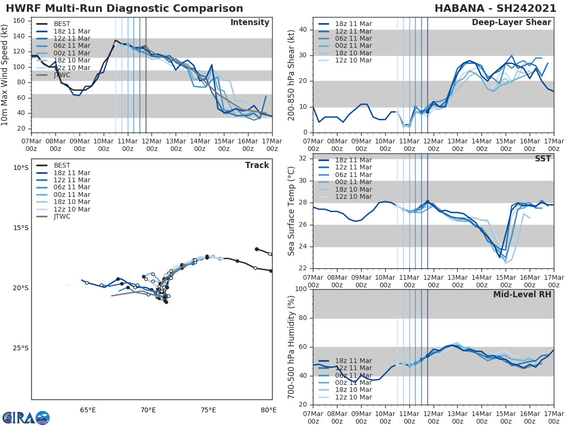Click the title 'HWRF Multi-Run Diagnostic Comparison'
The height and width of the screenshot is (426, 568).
124,9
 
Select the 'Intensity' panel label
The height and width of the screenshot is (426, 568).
249,23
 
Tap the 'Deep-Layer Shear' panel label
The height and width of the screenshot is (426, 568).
511,23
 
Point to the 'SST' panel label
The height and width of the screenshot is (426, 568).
543,159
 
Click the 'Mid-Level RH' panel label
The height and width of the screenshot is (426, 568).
522,294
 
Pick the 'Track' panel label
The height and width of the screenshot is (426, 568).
257,165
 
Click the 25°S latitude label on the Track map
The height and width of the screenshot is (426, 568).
20,348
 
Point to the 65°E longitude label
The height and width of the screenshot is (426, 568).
88,410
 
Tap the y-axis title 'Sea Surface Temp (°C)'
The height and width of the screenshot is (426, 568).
292,210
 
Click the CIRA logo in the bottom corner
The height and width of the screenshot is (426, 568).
26,418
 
